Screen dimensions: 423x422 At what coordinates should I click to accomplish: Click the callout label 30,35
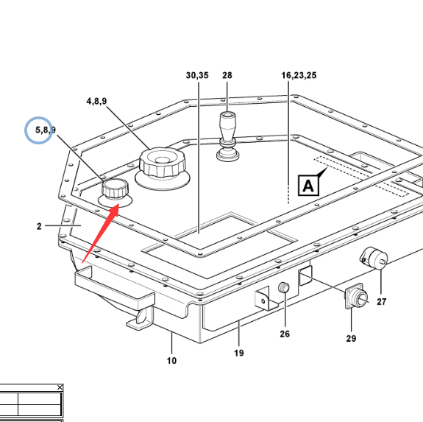point(197,75)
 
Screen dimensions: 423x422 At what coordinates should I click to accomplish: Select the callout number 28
point(227,75)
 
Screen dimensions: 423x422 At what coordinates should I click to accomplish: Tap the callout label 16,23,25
point(299,75)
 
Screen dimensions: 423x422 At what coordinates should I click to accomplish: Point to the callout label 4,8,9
point(96,101)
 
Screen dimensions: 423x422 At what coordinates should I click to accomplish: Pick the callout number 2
point(39,226)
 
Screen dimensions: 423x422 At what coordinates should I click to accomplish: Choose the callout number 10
point(171,361)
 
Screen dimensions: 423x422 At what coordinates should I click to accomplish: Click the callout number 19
point(239,353)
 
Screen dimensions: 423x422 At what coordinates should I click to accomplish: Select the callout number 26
point(285,334)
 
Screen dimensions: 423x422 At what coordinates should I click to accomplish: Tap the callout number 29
point(351,338)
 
